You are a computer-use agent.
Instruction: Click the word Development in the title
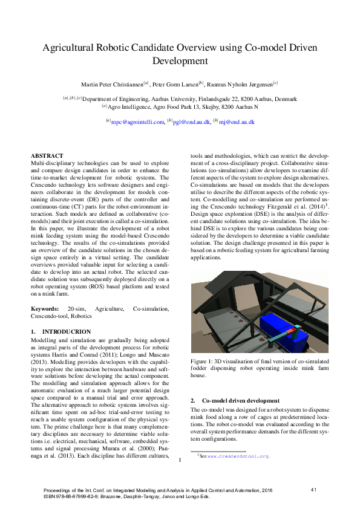(180, 61)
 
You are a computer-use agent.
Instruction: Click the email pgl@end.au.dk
(191, 122)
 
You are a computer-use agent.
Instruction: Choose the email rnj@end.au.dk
(236, 122)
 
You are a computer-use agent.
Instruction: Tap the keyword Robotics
(81, 316)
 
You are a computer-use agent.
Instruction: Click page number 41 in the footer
(313, 489)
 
